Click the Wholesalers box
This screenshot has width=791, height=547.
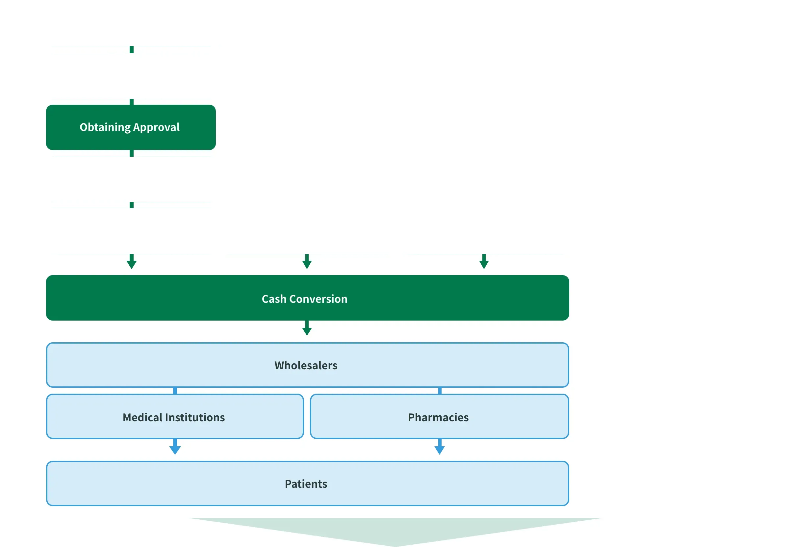pyautogui.click(x=307, y=365)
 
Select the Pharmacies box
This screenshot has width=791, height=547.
pyautogui.click(x=440, y=416)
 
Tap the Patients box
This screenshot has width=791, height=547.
pyautogui.click(x=307, y=483)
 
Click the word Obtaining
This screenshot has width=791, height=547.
pyautogui.click(x=105, y=127)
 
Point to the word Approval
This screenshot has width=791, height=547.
pyautogui.click(x=156, y=127)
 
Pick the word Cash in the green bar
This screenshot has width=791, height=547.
pyautogui.click(x=274, y=299)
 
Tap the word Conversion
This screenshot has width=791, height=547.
pyautogui.click(x=318, y=299)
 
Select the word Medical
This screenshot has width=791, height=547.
pyautogui.click(x=142, y=417)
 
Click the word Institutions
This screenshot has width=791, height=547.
pyautogui.click(x=195, y=417)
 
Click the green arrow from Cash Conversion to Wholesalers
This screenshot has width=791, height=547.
pyautogui.click(x=307, y=328)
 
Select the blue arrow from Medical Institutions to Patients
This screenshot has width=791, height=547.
pyautogui.click(x=175, y=447)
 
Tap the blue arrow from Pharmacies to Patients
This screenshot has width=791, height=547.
pyautogui.click(x=440, y=447)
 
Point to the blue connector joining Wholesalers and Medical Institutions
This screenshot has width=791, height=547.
pyautogui.click(x=175, y=391)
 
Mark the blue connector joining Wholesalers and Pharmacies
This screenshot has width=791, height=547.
pyautogui.click(x=440, y=391)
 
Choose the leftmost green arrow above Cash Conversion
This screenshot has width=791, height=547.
pyautogui.click(x=132, y=262)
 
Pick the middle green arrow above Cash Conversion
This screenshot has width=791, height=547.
pyautogui.click(x=307, y=262)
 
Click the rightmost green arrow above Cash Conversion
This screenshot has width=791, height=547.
pyautogui.click(x=484, y=262)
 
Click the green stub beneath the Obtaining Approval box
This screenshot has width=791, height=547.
pyautogui.click(x=132, y=153)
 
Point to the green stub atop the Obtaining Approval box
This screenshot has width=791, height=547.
pyautogui.click(x=132, y=102)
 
